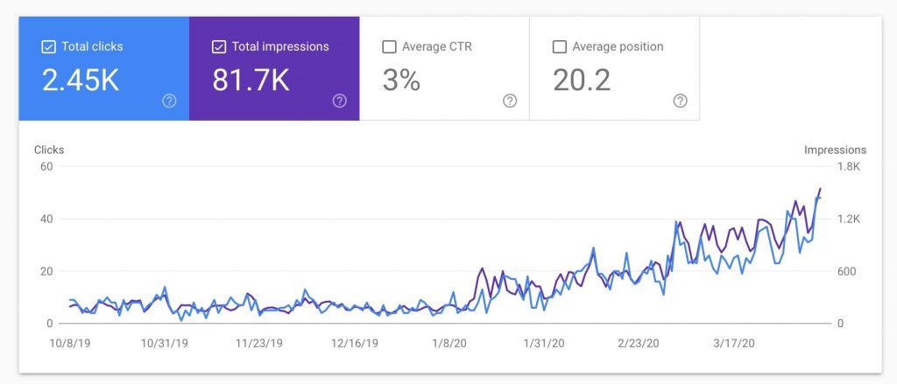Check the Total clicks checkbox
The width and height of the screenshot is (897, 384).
(x=48, y=46)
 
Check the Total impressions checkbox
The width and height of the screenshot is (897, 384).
(x=219, y=46)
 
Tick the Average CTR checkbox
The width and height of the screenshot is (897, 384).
(x=389, y=46)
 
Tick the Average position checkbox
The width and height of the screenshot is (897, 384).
(x=560, y=46)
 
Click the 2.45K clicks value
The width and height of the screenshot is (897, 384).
(x=81, y=80)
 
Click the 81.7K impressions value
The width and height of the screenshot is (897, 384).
(x=251, y=80)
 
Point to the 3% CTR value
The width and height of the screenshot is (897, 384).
(x=401, y=80)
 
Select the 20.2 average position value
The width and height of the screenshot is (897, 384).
(x=581, y=80)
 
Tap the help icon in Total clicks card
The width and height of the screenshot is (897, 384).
(x=169, y=101)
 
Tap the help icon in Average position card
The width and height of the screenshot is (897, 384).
(x=680, y=101)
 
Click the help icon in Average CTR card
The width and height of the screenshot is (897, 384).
(x=510, y=101)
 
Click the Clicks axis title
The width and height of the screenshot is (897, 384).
(x=49, y=150)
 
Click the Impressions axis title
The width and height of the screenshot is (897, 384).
(x=835, y=150)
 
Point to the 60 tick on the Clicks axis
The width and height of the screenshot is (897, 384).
(x=46, y=166)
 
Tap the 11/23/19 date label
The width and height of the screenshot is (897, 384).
(x=261, y=344)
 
